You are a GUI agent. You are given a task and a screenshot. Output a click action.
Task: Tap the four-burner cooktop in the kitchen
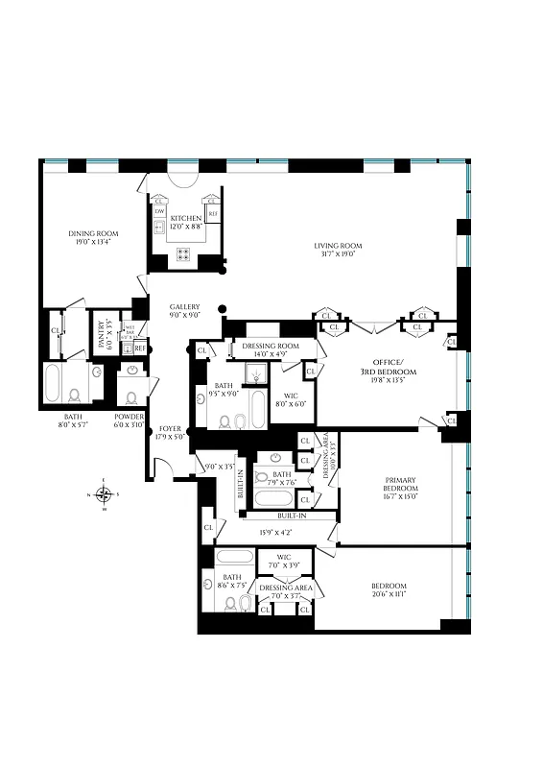point(182,254)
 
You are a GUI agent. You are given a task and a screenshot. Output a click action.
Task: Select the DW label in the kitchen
point(160,211)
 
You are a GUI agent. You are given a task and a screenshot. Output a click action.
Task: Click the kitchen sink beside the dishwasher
point(158,228)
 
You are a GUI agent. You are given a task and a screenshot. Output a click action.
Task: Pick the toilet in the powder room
point(131,396)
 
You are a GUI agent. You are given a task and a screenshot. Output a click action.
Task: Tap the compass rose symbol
point(105,494)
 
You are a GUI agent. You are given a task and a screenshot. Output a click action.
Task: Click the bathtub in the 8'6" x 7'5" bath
point(233,557)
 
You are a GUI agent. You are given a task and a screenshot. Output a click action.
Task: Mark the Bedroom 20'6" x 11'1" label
point(389,590)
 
